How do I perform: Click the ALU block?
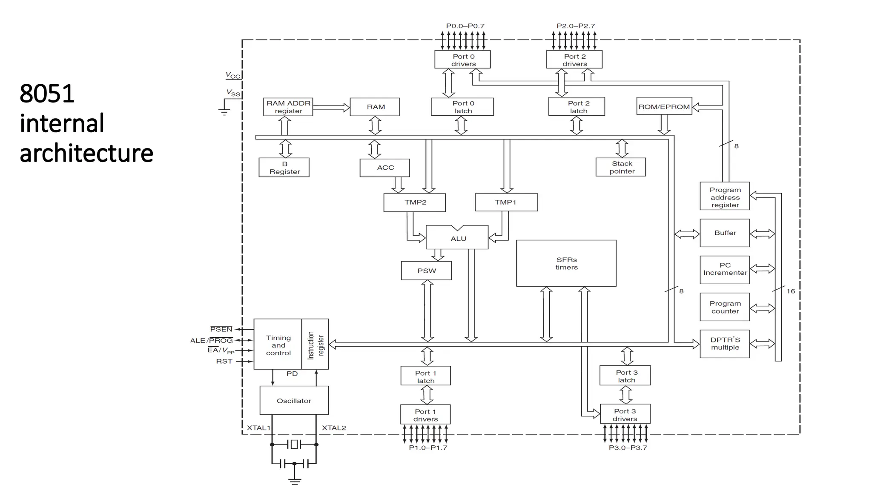pyautogui.click(x=458, y=238)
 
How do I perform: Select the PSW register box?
pyautogui.click(x=426, y=271)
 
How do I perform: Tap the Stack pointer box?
pyautogui.click(x=621, y=167)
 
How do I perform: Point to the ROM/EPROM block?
pyautogui.click(x=664, y=106)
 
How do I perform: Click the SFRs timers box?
pyautogui.click(x=566, y=263)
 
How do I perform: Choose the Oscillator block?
pyautogui.click(x=294, y=400)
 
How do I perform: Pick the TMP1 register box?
pyautogui.click(x=506, y=202)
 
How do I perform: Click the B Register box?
pyautogui.click(x=284, y=168)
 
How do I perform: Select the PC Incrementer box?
pyautogui.click(x=725, y=269)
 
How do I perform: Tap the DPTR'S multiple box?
pyautogui.click(x=725, y=344)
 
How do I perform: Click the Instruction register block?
pyautogui.click(x=315, y=345)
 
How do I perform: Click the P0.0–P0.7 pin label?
pyautogui.click(x=465, y=26)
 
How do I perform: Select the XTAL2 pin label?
pyautogui.click(x=334, y=428)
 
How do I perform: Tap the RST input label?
pyautogui.click(x=224, y=361)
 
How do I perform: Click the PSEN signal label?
pyautogui.click(x=221, y=329)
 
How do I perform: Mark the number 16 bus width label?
pyautogui.click(x=790, y=291)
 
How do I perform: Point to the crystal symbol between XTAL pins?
pyautogui.click(x=294, y=444)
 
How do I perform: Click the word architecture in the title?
pyautogui.click(x=86, y=153)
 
